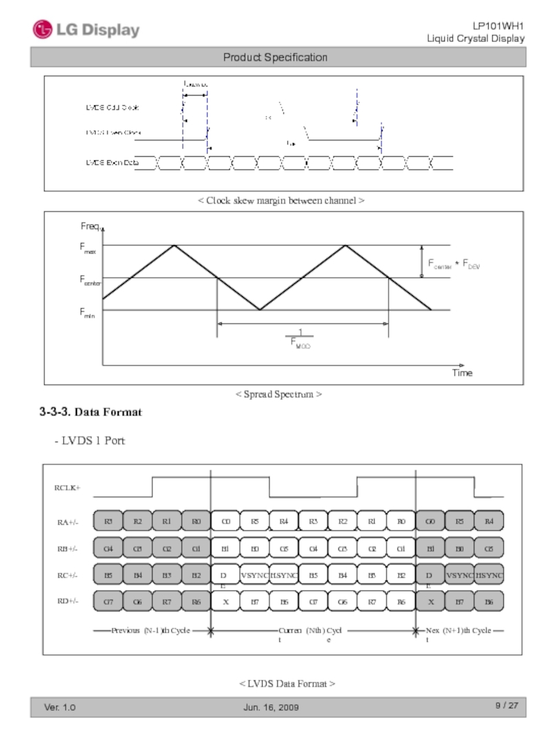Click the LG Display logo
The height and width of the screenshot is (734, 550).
tap(86, 30)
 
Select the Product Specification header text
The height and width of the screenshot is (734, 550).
tap(275, 57)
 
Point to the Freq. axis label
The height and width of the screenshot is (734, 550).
tap(91, 227)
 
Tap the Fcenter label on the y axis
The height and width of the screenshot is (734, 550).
tap(91, 281)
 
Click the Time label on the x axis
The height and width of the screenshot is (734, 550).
tap(462, 373)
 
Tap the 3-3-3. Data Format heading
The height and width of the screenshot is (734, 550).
tap(90, 413)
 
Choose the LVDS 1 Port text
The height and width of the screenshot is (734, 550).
tap(89, 440)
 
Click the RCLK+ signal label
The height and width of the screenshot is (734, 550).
tap(67, 488)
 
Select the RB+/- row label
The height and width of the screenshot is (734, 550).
tap(67, 549)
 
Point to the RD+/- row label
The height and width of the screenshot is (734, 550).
tap(67, 601)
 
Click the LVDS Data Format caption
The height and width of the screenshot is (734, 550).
tap(287, 683)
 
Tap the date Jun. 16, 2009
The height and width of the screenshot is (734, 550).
tap(272, 707)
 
